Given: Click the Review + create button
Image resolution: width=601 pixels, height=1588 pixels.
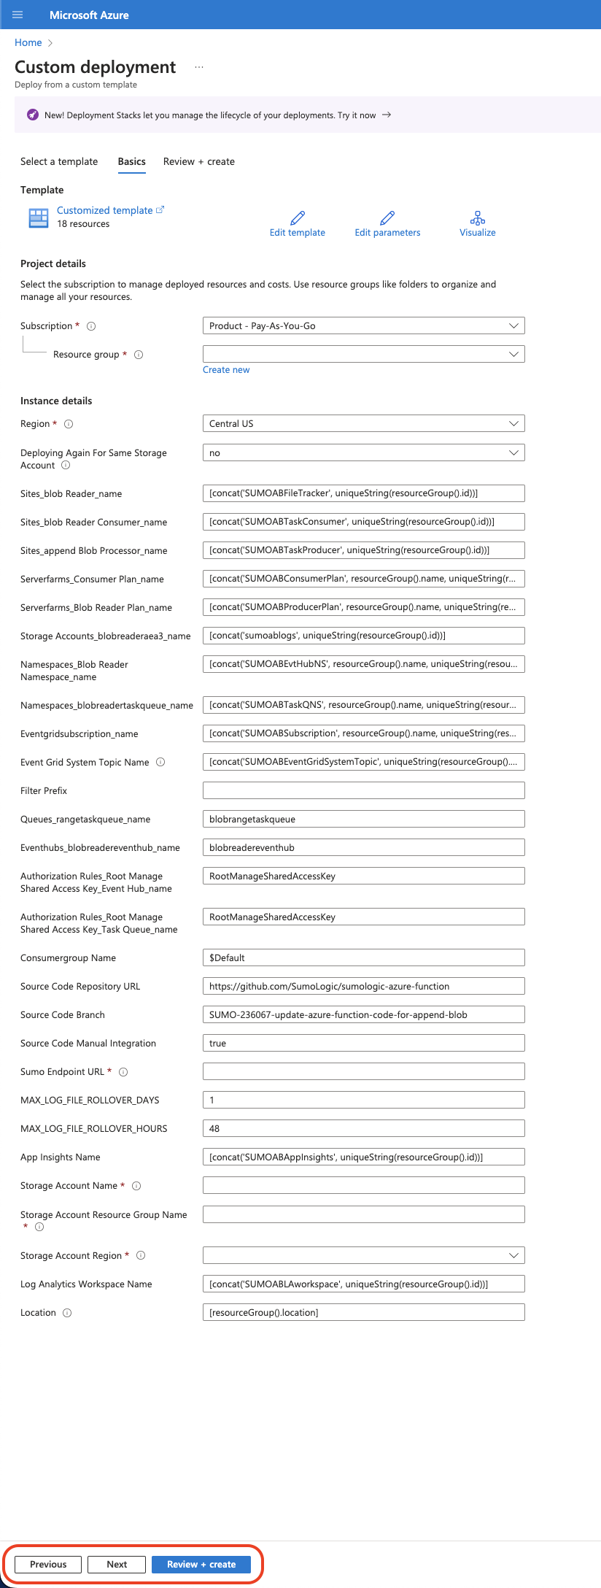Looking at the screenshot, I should click(201, 1564).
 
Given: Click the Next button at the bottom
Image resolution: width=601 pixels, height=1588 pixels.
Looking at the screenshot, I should click(116, 1564).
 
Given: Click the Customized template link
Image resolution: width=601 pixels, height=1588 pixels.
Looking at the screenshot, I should click(105, 210).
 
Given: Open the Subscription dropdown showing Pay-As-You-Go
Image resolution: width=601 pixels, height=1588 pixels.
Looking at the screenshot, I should click(363, 325).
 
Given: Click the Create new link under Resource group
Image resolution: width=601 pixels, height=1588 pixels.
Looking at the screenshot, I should click(226, 370).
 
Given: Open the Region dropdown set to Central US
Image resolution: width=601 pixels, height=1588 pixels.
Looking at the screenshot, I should click(363, 423).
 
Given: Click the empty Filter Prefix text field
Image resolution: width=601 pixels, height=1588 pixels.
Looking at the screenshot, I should click(363, 790).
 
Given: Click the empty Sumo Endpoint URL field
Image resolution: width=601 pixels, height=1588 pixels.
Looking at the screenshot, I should click(363, 1071).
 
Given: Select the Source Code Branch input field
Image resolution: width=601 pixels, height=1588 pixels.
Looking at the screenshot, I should click(363, 1014).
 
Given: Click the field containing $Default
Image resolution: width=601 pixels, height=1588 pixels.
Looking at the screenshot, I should click(363, 957).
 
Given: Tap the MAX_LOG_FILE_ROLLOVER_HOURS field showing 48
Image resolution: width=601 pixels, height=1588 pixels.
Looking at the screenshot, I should click(363, 1128).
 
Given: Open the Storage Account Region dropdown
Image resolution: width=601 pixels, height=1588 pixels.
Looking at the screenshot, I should click(363, 1255).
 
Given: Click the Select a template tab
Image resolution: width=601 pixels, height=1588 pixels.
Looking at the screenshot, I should click(59, 161).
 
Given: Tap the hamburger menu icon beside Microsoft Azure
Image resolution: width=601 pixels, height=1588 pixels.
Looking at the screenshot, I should click(18, 15).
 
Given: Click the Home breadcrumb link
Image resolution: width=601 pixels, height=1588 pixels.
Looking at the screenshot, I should click(28, 42).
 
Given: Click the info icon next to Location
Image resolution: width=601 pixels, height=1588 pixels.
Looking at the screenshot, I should click(67, 1313).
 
